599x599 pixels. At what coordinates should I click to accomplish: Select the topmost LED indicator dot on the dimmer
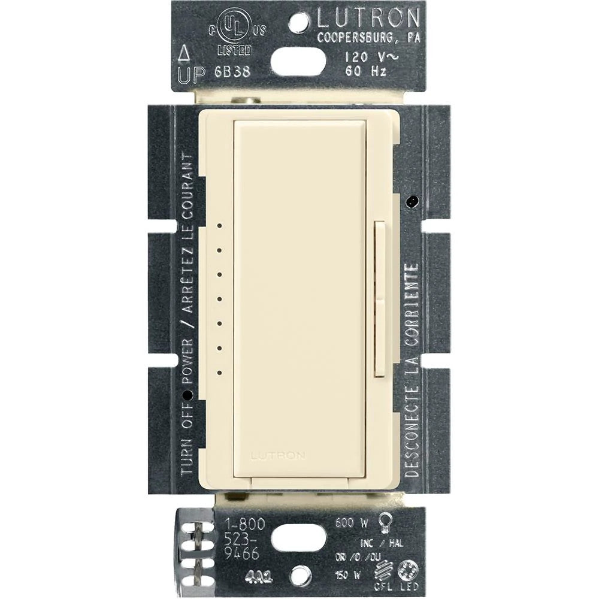coord(220,226)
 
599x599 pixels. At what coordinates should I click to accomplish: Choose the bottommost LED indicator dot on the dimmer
coord(220,373)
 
